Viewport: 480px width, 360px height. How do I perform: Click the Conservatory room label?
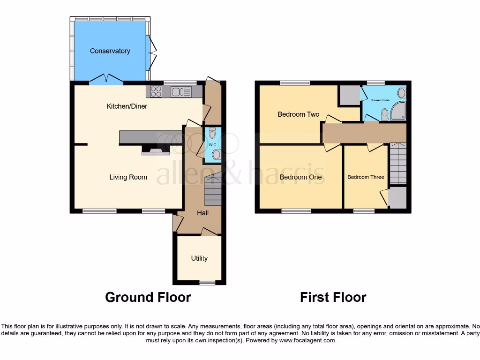(x=110, y=51)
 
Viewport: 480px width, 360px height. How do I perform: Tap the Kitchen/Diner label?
(x=127, y=106)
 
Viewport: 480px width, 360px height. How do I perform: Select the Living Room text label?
(x=128, y=177)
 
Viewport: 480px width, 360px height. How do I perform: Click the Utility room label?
(x=199, y=258)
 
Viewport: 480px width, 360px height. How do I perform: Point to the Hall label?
(x=202, y=213)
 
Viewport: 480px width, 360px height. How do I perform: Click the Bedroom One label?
(x=300, y=177)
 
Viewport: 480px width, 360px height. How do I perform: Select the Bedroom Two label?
(x=298, y=114)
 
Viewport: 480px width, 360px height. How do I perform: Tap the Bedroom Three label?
(x=366, y=177)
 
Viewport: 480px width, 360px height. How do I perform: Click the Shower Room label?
(x=380, y=100)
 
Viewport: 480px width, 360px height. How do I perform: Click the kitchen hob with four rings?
(x=157, y=91)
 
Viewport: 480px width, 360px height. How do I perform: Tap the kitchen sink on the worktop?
(x=178, y=91)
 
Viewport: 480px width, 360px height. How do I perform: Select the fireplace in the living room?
(x=155, y=150)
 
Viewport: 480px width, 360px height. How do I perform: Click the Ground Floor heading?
(x=148, y=297)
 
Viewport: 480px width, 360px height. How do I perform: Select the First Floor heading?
(x=333, y=297)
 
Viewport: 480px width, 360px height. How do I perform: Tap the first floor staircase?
(x=397, y=164)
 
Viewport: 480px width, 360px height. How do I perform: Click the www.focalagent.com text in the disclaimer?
(x=308, y=340)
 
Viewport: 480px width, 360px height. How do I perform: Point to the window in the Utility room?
(x=206, y=282)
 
